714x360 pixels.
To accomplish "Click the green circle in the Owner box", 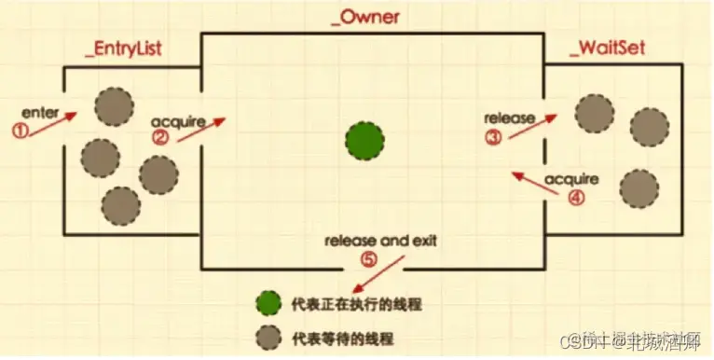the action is point(364,142).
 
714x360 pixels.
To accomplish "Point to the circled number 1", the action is point(20,131).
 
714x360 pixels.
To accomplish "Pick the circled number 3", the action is point(492,137).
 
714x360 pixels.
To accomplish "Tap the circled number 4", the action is point(575,198).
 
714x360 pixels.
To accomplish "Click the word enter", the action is point(38,113).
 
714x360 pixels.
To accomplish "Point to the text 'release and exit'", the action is point(380,241).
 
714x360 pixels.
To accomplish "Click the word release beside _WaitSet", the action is point(509,118).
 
